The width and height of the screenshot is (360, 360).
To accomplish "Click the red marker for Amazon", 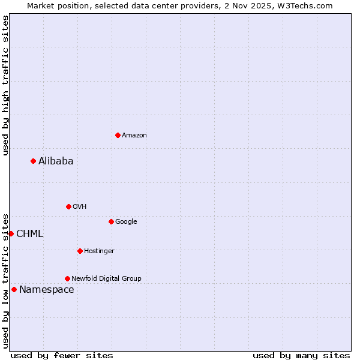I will (x=118, y=135).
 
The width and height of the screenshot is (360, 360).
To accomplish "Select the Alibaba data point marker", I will (x=33, y=161).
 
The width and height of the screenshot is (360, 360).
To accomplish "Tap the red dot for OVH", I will (x=68, y=206).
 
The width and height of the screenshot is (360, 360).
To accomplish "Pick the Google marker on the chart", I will (x=111, y=221).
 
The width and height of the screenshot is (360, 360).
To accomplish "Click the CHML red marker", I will (x=11, y=233).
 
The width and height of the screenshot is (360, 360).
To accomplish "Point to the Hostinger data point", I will (x=80, y=251).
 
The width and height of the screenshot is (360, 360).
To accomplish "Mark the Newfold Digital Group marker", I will (x=67, y=278).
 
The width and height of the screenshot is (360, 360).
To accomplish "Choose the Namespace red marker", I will (x=14, y=289).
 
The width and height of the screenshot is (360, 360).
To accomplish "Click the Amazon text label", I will (x=134, y=136).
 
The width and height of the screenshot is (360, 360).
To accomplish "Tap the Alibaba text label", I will (x=56, y=161).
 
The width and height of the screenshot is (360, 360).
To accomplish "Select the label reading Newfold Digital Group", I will (x=106, y=278).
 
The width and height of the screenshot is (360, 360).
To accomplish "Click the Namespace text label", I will (x=46, y=290).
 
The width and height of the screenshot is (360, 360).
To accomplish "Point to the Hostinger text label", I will (x=99, y=251).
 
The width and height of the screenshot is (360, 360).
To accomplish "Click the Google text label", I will (x=126, y=221).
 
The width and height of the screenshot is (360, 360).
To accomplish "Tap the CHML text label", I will (x=29, y=233).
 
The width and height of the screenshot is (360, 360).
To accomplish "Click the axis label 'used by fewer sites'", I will (x=62, y=355).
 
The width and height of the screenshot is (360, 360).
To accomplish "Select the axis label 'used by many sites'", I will (x=301, y=355).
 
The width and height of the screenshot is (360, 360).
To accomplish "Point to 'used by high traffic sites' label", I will (x=5, y=85).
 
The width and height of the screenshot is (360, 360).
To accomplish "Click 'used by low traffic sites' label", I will (x=5, y=280).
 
